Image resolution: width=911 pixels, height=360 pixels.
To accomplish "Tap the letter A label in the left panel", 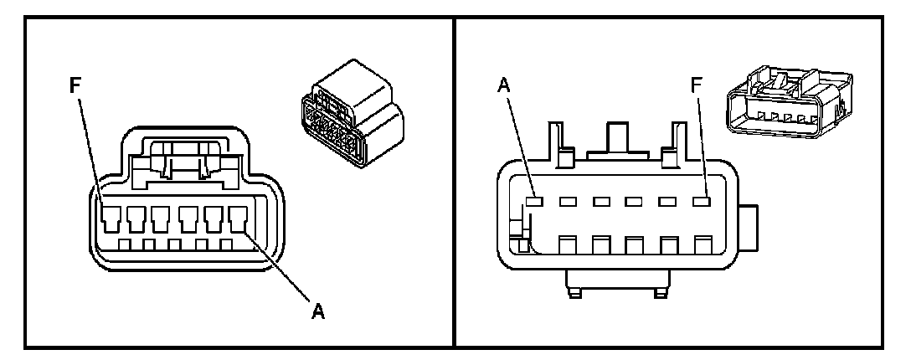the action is click(317, 311).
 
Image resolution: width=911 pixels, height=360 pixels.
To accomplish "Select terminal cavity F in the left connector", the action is click(110, 219).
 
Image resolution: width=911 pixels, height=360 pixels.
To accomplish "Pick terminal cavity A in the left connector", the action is click(239, 219).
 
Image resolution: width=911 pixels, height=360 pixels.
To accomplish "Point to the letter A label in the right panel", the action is click(504, 85).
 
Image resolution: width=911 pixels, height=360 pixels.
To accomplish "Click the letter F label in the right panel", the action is click(696, 85).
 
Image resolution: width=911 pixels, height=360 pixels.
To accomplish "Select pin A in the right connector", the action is click(534, 202).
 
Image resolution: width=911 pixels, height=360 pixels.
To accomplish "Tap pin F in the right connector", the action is click(702, 202).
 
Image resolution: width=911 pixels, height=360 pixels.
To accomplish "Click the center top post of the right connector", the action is click(618, 139).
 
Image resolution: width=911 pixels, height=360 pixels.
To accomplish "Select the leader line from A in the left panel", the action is click(278, 266).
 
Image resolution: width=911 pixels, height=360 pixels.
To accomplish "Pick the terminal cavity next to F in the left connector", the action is click(136, 219).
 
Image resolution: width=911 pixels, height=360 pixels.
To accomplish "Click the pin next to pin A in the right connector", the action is click(568, 202).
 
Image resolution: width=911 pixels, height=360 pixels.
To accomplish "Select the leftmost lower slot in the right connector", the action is click(568, 244).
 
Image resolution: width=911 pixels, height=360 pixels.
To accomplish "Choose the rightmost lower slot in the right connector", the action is click(703, 244).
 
